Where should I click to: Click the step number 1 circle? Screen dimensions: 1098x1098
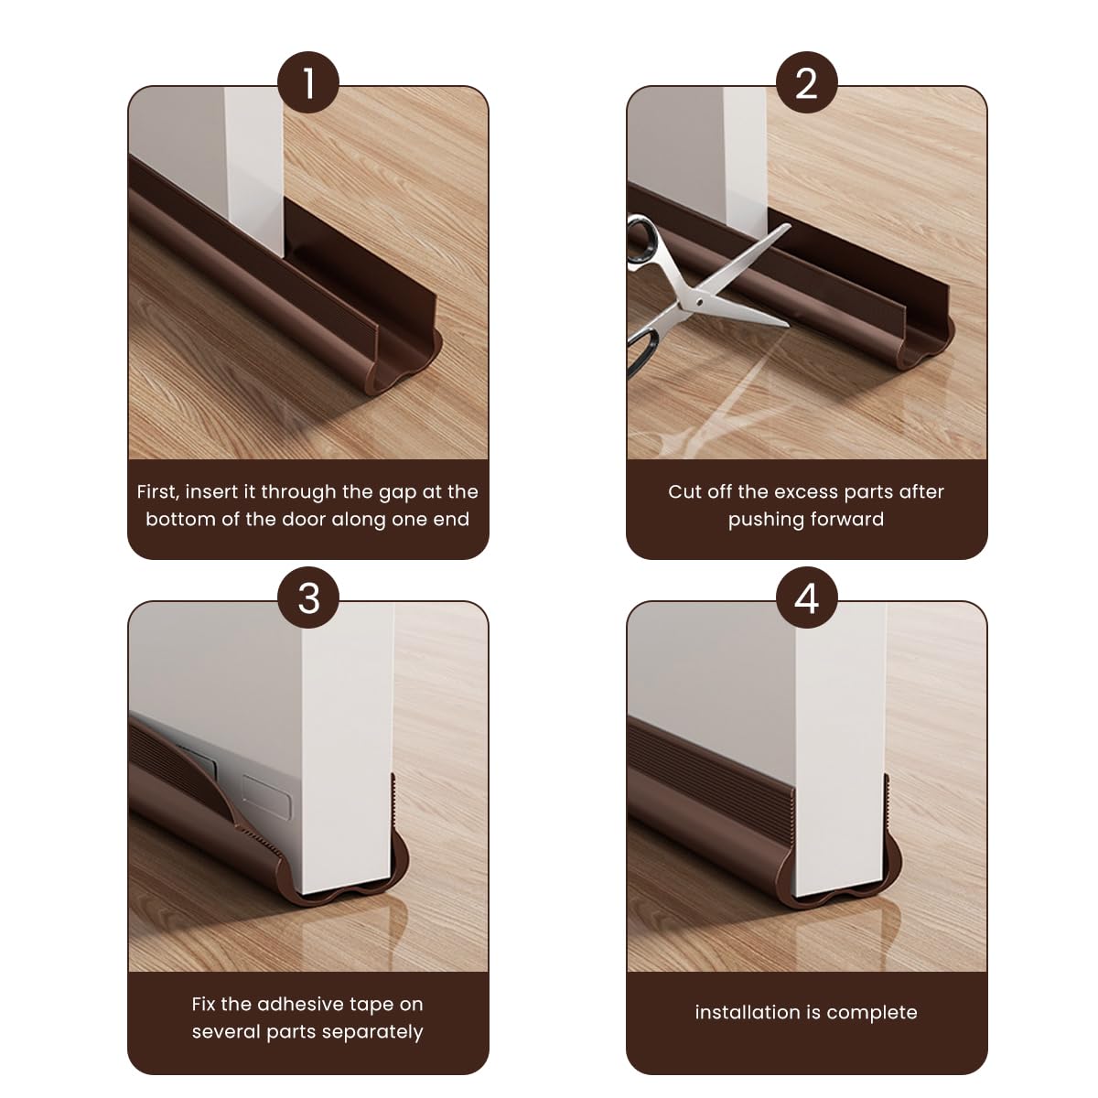point(308,83)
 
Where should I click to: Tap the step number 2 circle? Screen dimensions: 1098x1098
point(806,83)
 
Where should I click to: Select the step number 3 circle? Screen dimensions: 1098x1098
point(308,598)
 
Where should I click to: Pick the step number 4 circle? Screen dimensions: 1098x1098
point(806,598)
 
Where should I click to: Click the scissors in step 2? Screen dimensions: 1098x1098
point(705,293)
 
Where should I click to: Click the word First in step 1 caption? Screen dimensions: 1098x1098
point(157,491)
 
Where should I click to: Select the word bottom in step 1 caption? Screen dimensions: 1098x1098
point(178,519)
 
